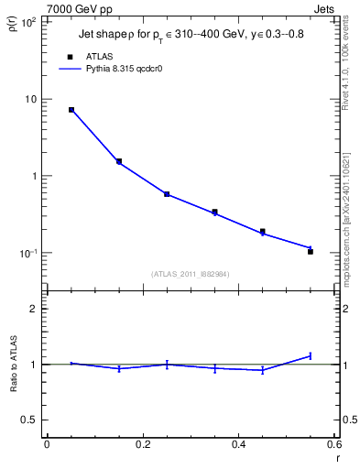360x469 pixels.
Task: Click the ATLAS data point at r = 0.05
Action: coord(71,110)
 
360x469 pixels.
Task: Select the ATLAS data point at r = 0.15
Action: coord(119,161)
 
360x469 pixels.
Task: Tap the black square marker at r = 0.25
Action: coord(167,194)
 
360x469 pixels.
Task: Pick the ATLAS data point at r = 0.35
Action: coord(214,212)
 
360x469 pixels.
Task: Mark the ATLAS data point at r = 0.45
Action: coord(263,232)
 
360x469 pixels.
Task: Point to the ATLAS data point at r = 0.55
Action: coord(311,251)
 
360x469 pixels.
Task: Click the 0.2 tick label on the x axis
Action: coord(142,445)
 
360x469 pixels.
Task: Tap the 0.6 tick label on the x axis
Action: coord(333,445)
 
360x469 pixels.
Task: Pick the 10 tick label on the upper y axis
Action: coord(30,99)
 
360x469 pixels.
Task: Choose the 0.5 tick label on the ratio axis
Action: coord(27,420)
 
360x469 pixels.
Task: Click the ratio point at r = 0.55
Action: coord(311,355)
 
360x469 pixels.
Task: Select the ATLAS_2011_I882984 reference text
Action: coord(191,274)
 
